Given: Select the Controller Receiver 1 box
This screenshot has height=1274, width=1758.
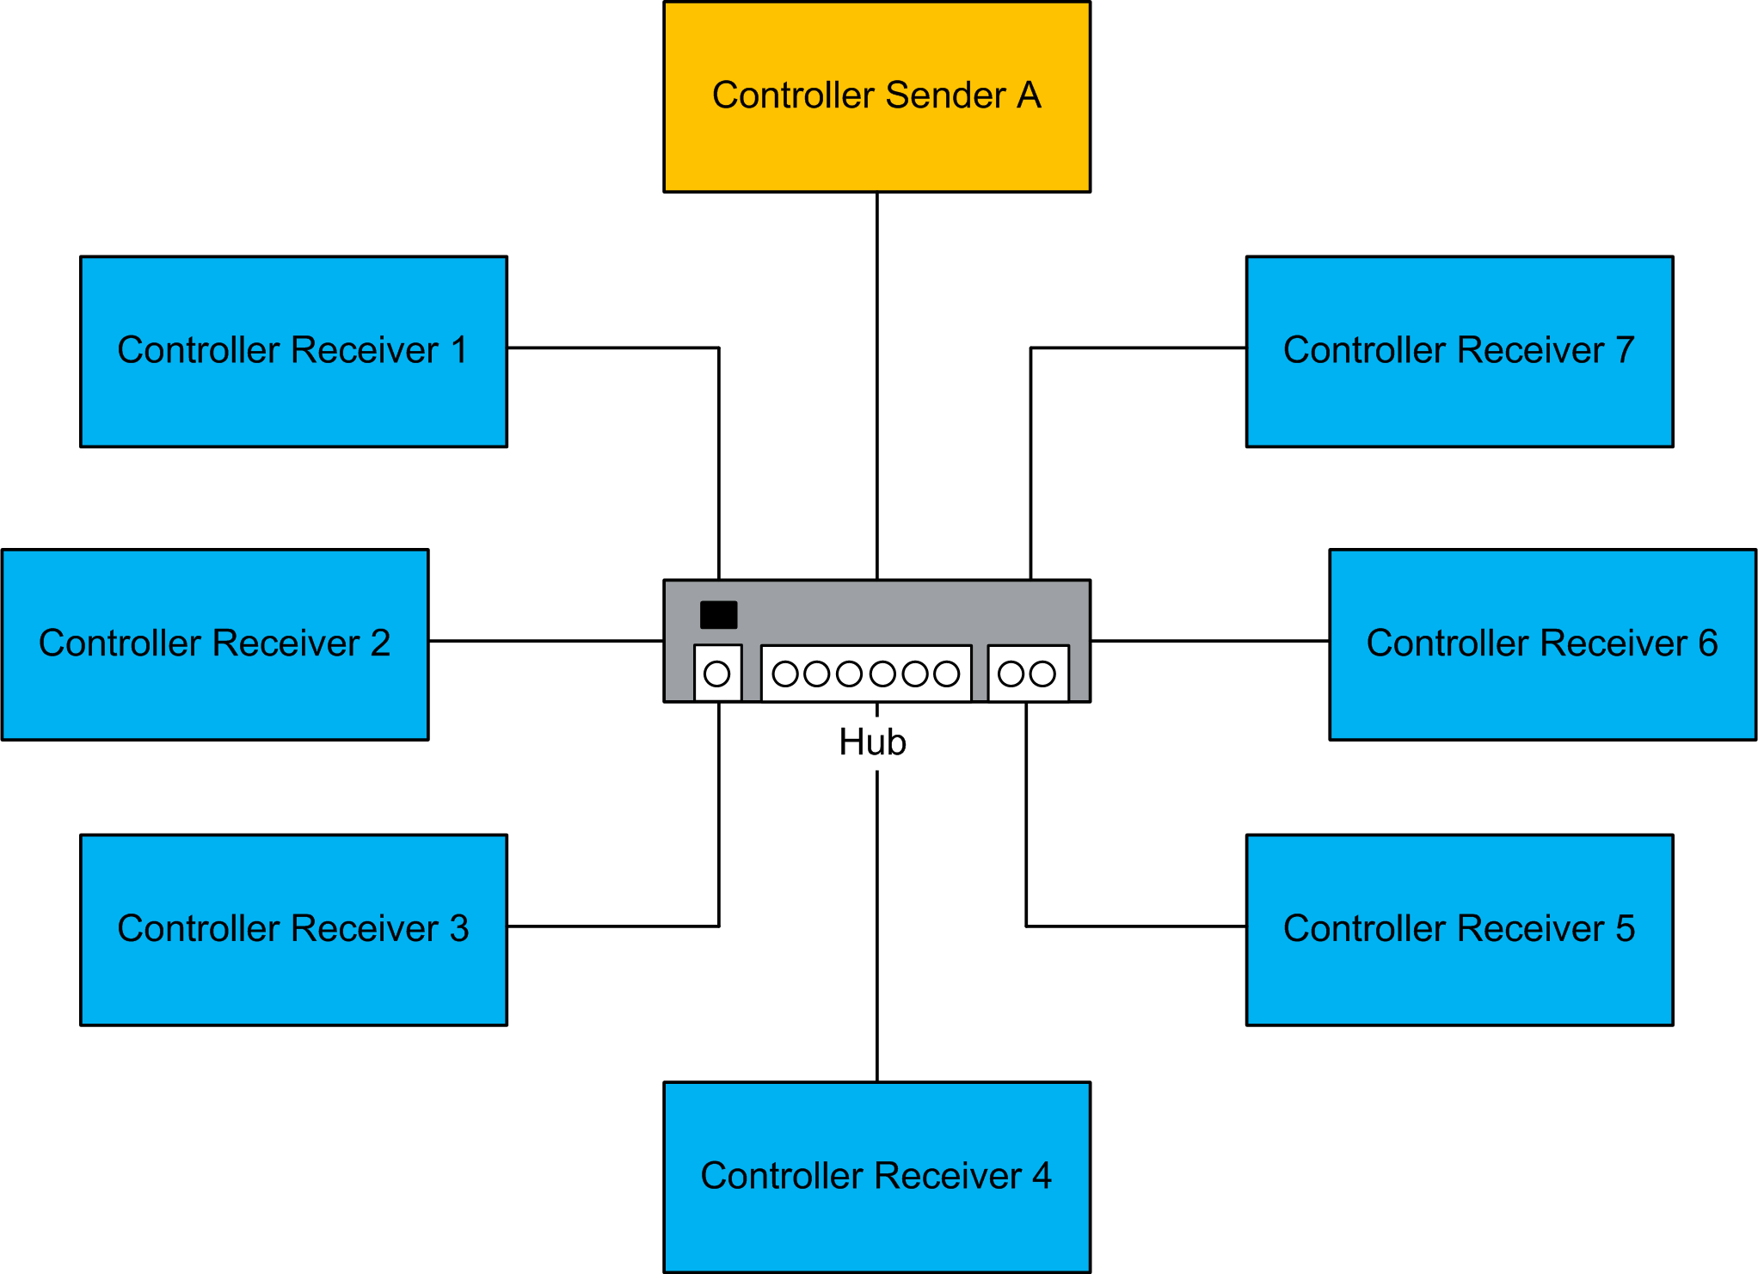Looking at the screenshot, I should pos(293,396).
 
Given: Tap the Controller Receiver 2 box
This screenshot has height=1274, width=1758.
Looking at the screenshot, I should pos(215,688).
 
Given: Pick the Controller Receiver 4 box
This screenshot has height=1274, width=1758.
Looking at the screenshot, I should pos(876,1222).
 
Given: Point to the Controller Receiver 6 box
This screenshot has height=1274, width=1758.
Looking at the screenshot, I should pos(1542,688).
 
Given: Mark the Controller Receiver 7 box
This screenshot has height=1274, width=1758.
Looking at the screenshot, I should pos(1460,396).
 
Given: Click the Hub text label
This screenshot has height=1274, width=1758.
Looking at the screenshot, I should pos(872,742).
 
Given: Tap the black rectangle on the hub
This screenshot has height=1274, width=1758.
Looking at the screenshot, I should pos(718,615).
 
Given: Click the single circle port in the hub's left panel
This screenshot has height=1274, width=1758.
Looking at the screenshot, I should pos(716,674).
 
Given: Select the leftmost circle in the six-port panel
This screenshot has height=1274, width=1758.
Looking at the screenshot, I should pos(784,674).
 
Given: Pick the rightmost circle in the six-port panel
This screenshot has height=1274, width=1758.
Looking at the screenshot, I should pos(946,674).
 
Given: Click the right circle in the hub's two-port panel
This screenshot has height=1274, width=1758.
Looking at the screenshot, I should pos(1042,674).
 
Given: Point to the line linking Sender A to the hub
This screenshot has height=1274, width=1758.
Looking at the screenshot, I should pos(876,387).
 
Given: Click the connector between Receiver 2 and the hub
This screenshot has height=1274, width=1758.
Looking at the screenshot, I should pos(546,641).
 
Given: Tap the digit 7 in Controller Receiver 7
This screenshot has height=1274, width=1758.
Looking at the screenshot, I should pos(1625,350).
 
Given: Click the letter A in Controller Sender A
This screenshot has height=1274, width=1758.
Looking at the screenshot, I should pos(1030,95).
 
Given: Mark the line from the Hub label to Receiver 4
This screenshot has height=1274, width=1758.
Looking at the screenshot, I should pos(876,929).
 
